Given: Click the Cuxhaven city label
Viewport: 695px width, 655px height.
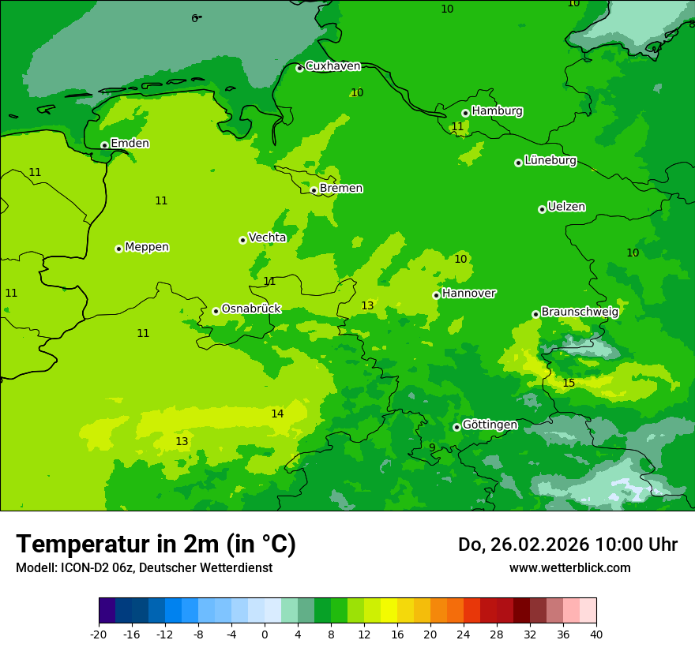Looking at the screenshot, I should (x=332, y=66).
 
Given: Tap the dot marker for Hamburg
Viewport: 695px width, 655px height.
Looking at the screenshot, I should (x=466, y=113).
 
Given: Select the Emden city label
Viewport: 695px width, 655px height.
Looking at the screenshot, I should (x=130, y=144).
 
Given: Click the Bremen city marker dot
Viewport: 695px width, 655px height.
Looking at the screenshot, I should (x=314, y=190).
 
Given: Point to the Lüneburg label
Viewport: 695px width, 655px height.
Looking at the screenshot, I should (x=550, y=160).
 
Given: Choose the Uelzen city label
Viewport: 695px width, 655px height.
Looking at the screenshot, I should (x=566, y=208).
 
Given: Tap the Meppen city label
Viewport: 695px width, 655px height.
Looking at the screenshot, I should (x=147, y=247).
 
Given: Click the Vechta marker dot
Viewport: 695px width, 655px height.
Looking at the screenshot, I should (x=242, y=240).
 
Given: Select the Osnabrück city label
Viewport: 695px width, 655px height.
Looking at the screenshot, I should (x=251, y=309).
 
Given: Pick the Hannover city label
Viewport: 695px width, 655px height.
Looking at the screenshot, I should (x=468, y=294).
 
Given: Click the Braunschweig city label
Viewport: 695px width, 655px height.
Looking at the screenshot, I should (x=580, y=312).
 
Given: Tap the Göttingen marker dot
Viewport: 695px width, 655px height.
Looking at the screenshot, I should (x=456, y=427).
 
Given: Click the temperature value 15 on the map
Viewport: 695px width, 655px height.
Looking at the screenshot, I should (x=569, y=384).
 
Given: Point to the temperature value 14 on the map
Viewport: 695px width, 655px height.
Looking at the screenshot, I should (x=277, y=414).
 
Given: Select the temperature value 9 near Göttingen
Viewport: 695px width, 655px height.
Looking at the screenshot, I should (x=432, y=447).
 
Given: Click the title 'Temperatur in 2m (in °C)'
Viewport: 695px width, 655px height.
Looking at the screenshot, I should (x=156, y=544).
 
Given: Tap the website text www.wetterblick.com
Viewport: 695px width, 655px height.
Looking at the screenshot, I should (x=569, y=568).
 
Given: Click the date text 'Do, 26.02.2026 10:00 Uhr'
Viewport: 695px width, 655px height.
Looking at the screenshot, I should (x=567, y=545).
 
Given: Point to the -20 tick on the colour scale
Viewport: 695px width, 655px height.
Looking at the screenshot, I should (x=99, y=634).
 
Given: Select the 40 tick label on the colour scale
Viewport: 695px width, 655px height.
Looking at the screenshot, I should (x=595, y=634).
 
